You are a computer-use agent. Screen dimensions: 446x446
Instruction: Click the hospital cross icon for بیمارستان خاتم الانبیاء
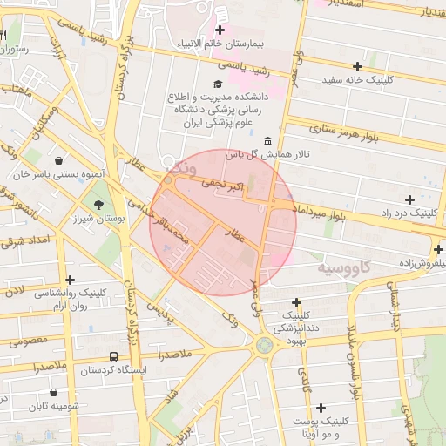[220, 30]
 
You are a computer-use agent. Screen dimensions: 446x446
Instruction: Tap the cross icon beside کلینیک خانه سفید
[357, 66]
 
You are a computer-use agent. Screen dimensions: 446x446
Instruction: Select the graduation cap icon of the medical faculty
[217, 84]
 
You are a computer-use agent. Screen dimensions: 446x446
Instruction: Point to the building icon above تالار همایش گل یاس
[267, 141]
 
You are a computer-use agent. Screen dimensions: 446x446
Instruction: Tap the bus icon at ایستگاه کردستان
[113, 357]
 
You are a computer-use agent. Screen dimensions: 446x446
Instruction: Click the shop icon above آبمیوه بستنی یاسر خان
[58, 161]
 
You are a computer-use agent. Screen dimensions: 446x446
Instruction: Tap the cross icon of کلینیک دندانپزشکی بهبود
[296, 301]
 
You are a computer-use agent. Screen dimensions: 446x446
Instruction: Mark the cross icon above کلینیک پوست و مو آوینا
[321, 408]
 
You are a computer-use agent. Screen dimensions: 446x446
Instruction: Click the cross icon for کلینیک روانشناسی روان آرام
[71, 279]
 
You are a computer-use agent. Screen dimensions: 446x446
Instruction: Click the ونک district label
[186, 166]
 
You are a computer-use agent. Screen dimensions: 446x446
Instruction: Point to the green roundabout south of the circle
[263, 345]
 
